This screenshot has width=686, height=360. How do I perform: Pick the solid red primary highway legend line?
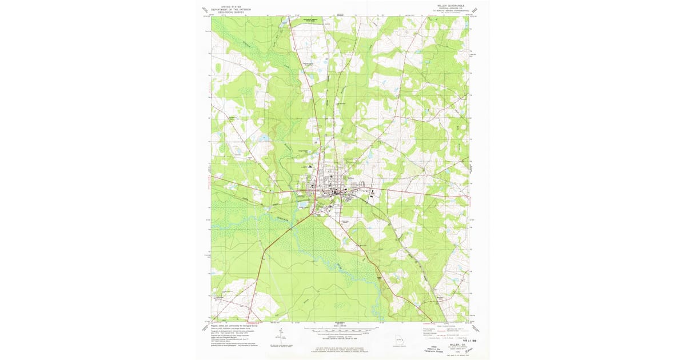pyautogui.click(x=440, y=329)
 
